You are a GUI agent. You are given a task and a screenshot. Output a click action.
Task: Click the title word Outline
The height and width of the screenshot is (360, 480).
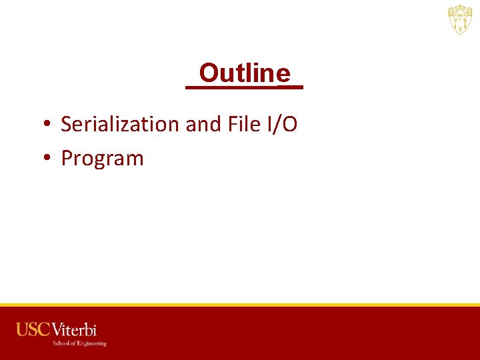pos(245,73)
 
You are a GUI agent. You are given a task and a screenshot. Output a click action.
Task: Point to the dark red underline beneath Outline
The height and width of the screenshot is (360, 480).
pos(244,87)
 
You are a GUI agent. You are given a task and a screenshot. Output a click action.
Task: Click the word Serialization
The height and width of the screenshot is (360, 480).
pos(121,124)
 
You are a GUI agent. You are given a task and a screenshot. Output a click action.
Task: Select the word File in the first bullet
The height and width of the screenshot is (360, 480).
pos(244,124)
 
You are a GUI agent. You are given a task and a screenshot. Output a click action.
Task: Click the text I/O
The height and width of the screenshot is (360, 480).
pos(282,124)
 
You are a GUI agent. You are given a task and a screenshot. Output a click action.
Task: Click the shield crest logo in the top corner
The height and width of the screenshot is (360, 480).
pos(459,20)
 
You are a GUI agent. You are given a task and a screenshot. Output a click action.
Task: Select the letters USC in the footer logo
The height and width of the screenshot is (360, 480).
pos(33,329)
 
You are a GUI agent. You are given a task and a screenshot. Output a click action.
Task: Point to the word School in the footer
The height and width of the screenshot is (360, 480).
pos(61,343)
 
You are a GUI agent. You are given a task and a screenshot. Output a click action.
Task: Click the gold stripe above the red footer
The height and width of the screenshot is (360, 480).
pos(240,305)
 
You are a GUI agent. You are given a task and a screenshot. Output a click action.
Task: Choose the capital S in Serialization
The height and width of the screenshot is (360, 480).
pos(66,124)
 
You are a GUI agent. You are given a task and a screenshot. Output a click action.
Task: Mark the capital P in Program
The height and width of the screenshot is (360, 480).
pos(67,159)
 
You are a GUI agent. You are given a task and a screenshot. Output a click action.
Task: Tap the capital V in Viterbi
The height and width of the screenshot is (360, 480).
pos(57,329)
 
